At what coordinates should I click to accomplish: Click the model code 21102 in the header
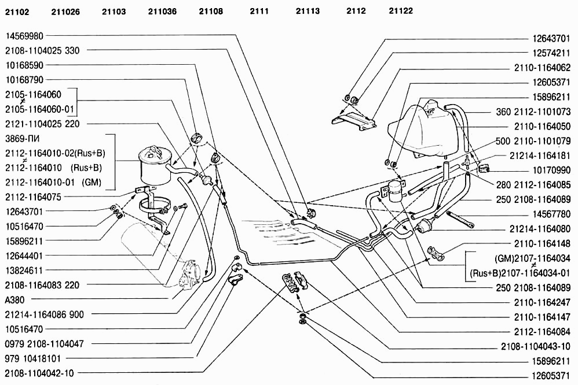point(17,12)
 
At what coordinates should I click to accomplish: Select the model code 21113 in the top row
point(308,12)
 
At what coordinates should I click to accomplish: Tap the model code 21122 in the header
point(401,11)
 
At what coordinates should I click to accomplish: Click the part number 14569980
point(24,36)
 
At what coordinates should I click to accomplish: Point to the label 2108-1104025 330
point(42,50)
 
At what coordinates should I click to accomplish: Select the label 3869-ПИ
point(23,139)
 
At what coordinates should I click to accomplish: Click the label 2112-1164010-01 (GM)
point(53,183)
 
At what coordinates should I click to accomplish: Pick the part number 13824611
point(24,271)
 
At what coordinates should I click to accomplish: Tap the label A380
point(14,300)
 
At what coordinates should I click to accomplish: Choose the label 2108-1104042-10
point(39,373)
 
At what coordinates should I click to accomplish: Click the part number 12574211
point(551,53)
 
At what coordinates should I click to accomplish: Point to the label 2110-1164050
point(543,127)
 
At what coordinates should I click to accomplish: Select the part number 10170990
point(551,171)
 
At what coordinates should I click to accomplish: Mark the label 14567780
point(551,214)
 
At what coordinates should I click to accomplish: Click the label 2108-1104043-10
point(536,346)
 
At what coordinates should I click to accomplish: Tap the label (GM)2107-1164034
point(532,258)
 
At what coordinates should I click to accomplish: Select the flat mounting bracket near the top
point(354,121)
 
